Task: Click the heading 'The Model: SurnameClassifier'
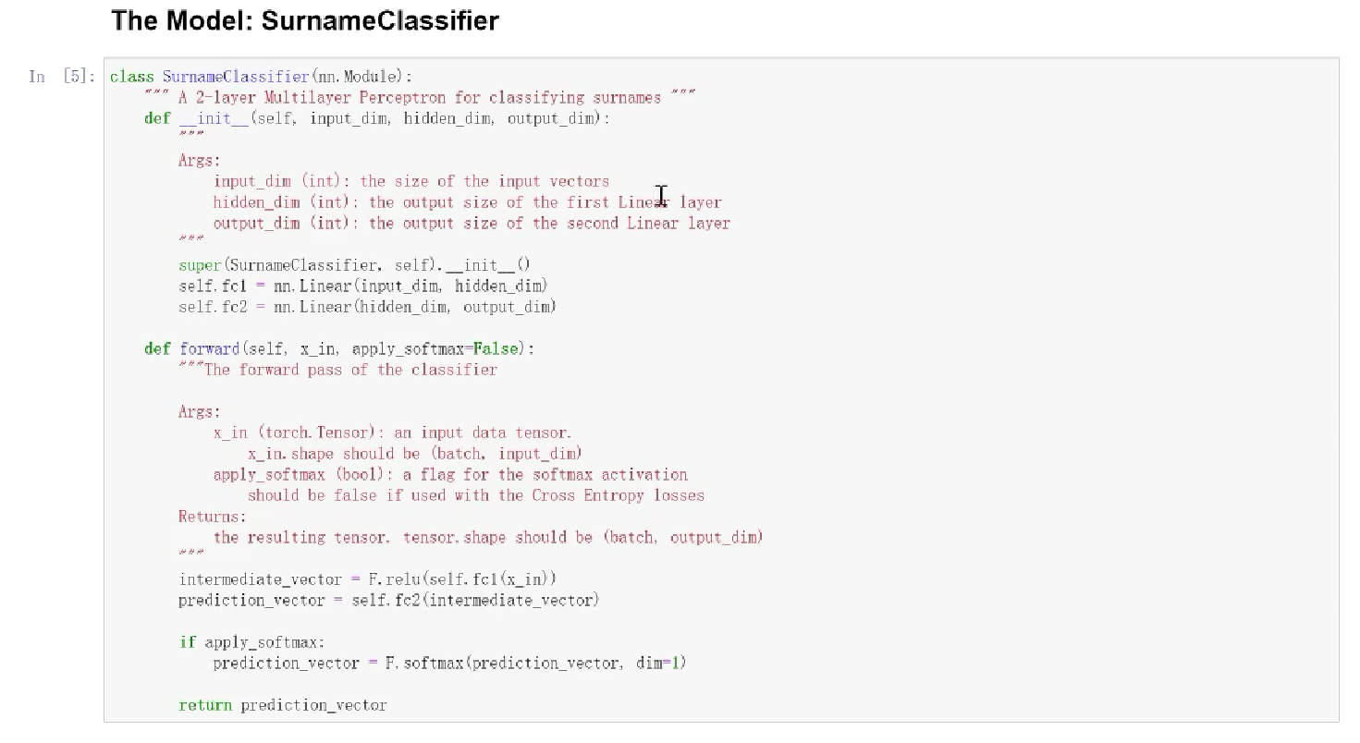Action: (x=305, y=21)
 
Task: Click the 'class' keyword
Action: (x=131, y=77)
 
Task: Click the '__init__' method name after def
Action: (x=214, y=118)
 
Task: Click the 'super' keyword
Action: (x=200, y=265)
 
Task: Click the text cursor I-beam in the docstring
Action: (x=661, y=197)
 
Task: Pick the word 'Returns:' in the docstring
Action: (x=213, y=517)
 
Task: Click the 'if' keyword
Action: (x=188, y=642)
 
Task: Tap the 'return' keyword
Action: (x=205, y=705)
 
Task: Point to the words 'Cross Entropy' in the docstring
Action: (x=587, y=495)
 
